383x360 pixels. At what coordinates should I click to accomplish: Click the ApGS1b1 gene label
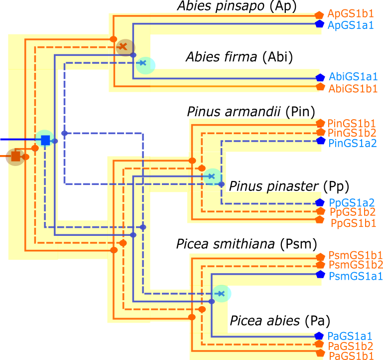(x=351, y=14)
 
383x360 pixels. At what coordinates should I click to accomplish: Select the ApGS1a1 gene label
(x=351, y=24)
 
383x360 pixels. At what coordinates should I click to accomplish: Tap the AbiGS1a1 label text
(x=353, y=77)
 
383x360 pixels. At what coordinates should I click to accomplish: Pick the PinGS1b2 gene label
(x=352, y=133)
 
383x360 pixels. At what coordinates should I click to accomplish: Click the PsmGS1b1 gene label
(x=355, y=255)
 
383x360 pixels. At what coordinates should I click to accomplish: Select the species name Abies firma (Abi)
(x=239, y=57)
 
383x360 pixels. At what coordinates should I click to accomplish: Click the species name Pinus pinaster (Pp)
(x=289, y=186)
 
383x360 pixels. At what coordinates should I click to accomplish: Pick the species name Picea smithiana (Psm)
(x=246, y=244)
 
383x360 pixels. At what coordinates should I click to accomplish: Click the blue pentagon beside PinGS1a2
(x=321, y=141)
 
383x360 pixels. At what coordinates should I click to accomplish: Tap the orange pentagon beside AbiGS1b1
(x=320, y=87)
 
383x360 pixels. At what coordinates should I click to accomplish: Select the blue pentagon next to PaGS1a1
(x=320, y=336)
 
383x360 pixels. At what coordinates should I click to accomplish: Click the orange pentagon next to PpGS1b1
(x=320, y=220)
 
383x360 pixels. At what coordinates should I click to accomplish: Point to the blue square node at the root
(x=45, y=140)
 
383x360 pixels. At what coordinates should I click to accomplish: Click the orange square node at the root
(x=15, y=157)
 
